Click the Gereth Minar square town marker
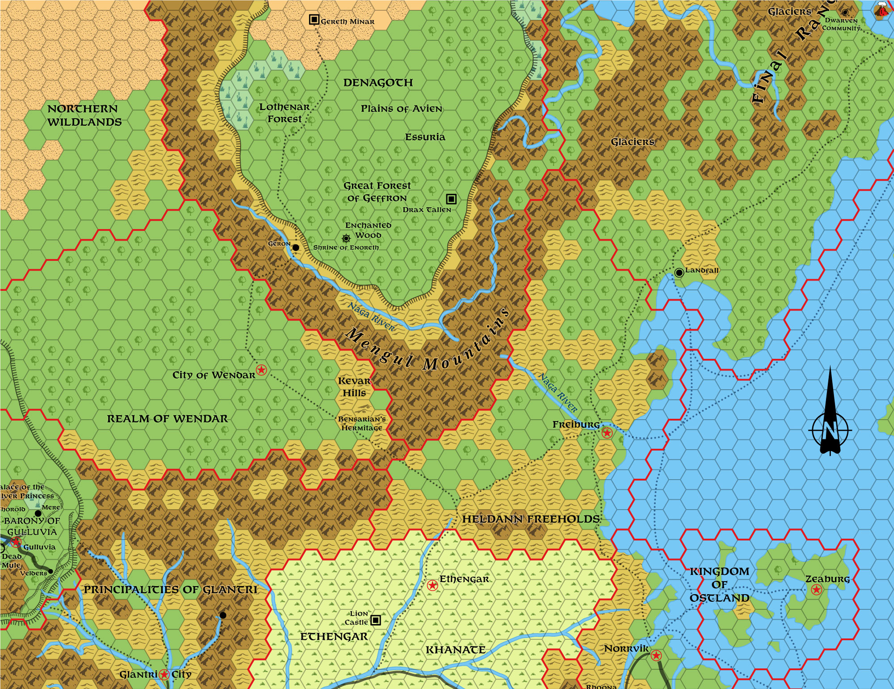tap(314, 20)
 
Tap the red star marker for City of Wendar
tap(261, 370)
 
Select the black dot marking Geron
tap(295, 247)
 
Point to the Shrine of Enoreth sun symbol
tap(346, 238)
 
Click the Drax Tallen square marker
tap(451, 199)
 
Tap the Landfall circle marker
tap(679, 272)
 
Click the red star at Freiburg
tap(607, 433)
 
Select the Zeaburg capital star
tap(816, 590)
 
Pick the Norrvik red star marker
tap(656, 655)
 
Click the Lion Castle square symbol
tap(376, 620)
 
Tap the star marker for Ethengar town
tap(432, 585)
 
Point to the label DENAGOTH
tap(378, 83)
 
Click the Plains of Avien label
tap(401, 109)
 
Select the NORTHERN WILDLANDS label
tap(84, 115)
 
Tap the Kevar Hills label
tap(354, 387)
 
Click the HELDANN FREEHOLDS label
tap(531, 519)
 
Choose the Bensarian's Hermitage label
tap(362, 423)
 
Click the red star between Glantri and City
tap(164, 674)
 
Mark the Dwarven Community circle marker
tap(845, 13)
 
